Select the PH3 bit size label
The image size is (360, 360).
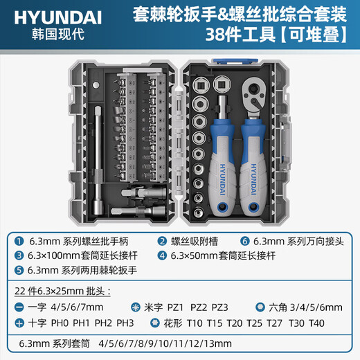tap(127, 322)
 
